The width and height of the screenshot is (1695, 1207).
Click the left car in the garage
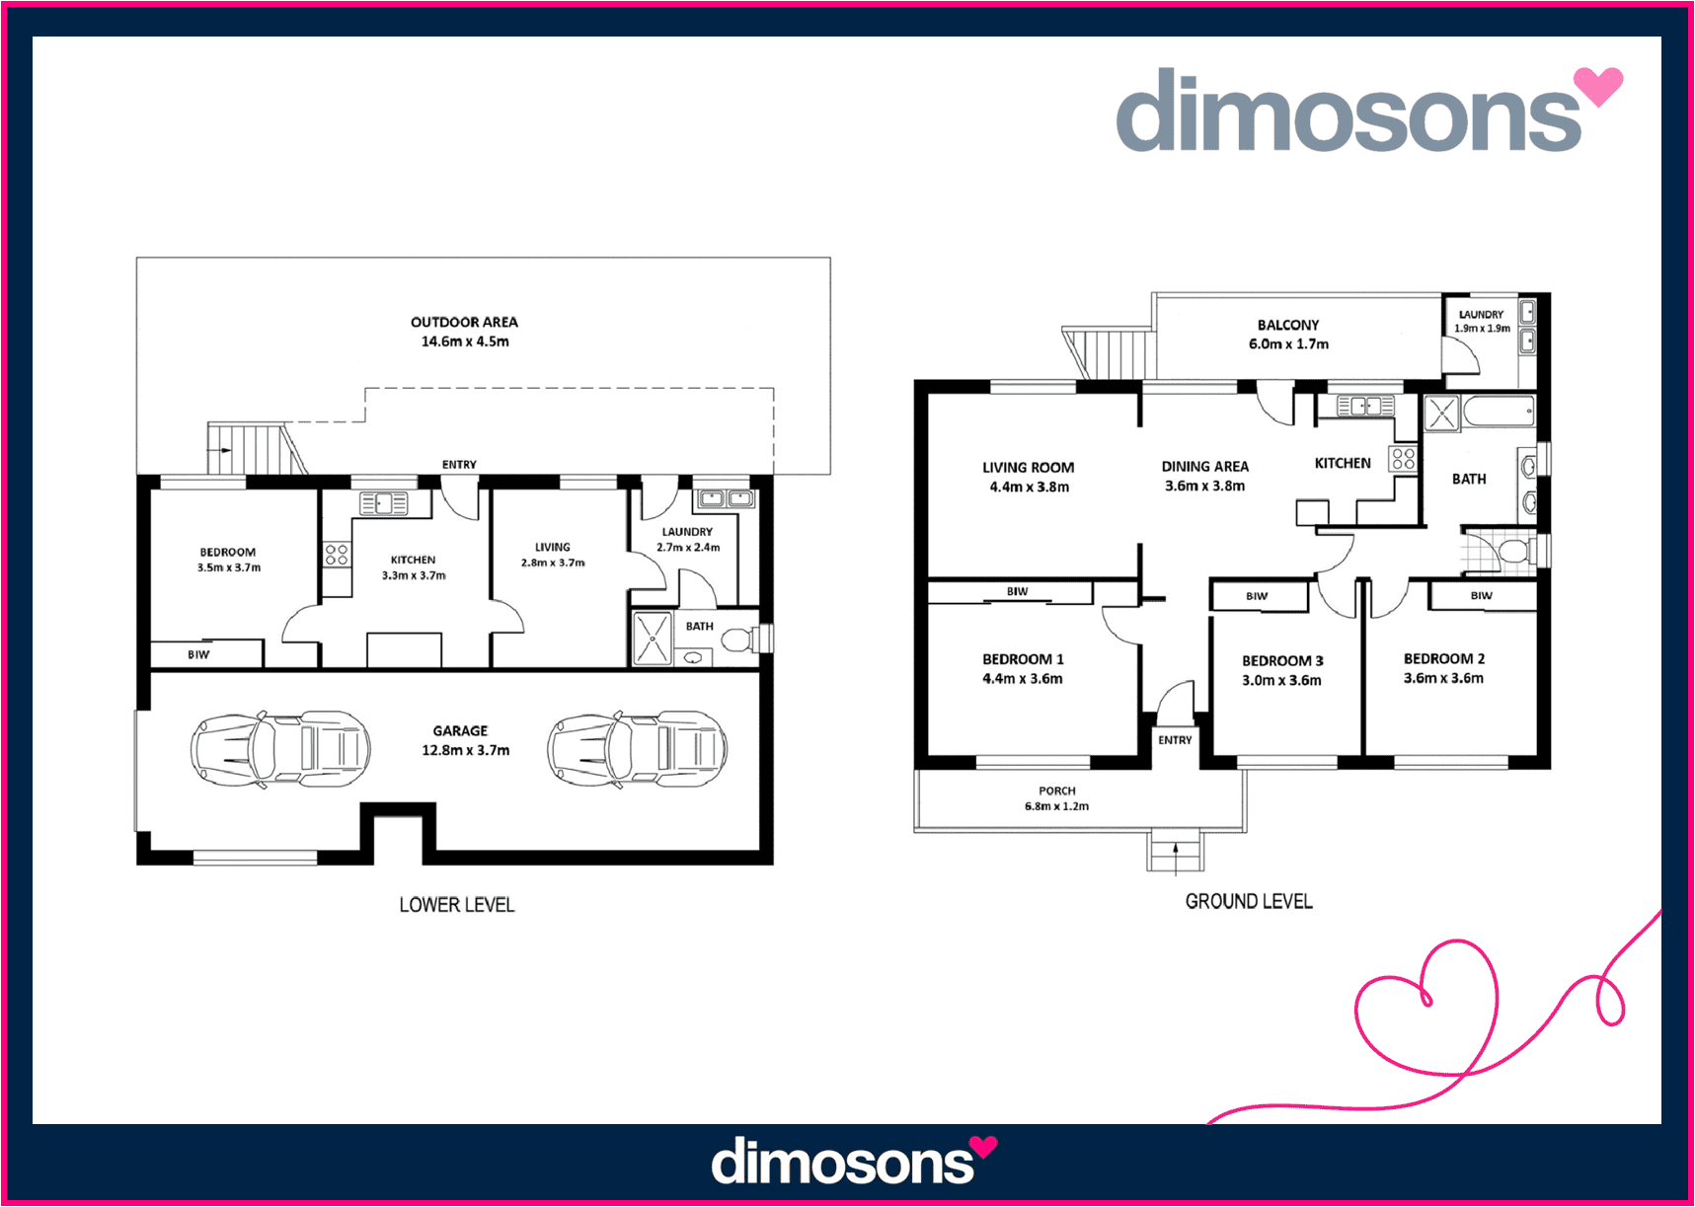click(x=280, y=749)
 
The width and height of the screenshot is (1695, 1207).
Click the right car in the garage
click(x=638, y=749)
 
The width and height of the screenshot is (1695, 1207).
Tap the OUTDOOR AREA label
click(x=464, y=322)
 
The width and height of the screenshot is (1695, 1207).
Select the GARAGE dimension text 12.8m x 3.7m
click(x=465, y=750)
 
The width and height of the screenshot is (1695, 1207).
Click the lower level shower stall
click(x=652, y=639)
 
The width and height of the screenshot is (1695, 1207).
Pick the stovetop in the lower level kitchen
click(x=337, y=554)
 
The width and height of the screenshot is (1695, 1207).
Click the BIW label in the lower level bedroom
click(x=198, y=654)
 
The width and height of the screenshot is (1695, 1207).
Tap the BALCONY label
click(x=1288, y=325)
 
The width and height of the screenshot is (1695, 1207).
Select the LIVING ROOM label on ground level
click(x=1028, y=468)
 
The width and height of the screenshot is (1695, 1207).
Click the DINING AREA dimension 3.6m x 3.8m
click(x=1204, y=486)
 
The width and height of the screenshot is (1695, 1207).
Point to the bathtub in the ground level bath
click(x=1498, y=412)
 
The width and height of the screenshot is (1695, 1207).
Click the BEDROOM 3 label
click(x=1282, y=661)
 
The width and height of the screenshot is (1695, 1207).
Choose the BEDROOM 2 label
click(x=1444, y=658)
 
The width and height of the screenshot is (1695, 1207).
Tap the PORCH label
click(x=1057, y=791)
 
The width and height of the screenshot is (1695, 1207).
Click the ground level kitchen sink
click(x=1365, y=406)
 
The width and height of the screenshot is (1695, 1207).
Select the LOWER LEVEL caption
click(x=457, y=904)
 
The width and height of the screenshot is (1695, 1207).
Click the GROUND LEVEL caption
click(x=1249, y=901)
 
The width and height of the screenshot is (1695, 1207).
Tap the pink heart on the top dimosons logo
click(x=1597, y=85)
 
